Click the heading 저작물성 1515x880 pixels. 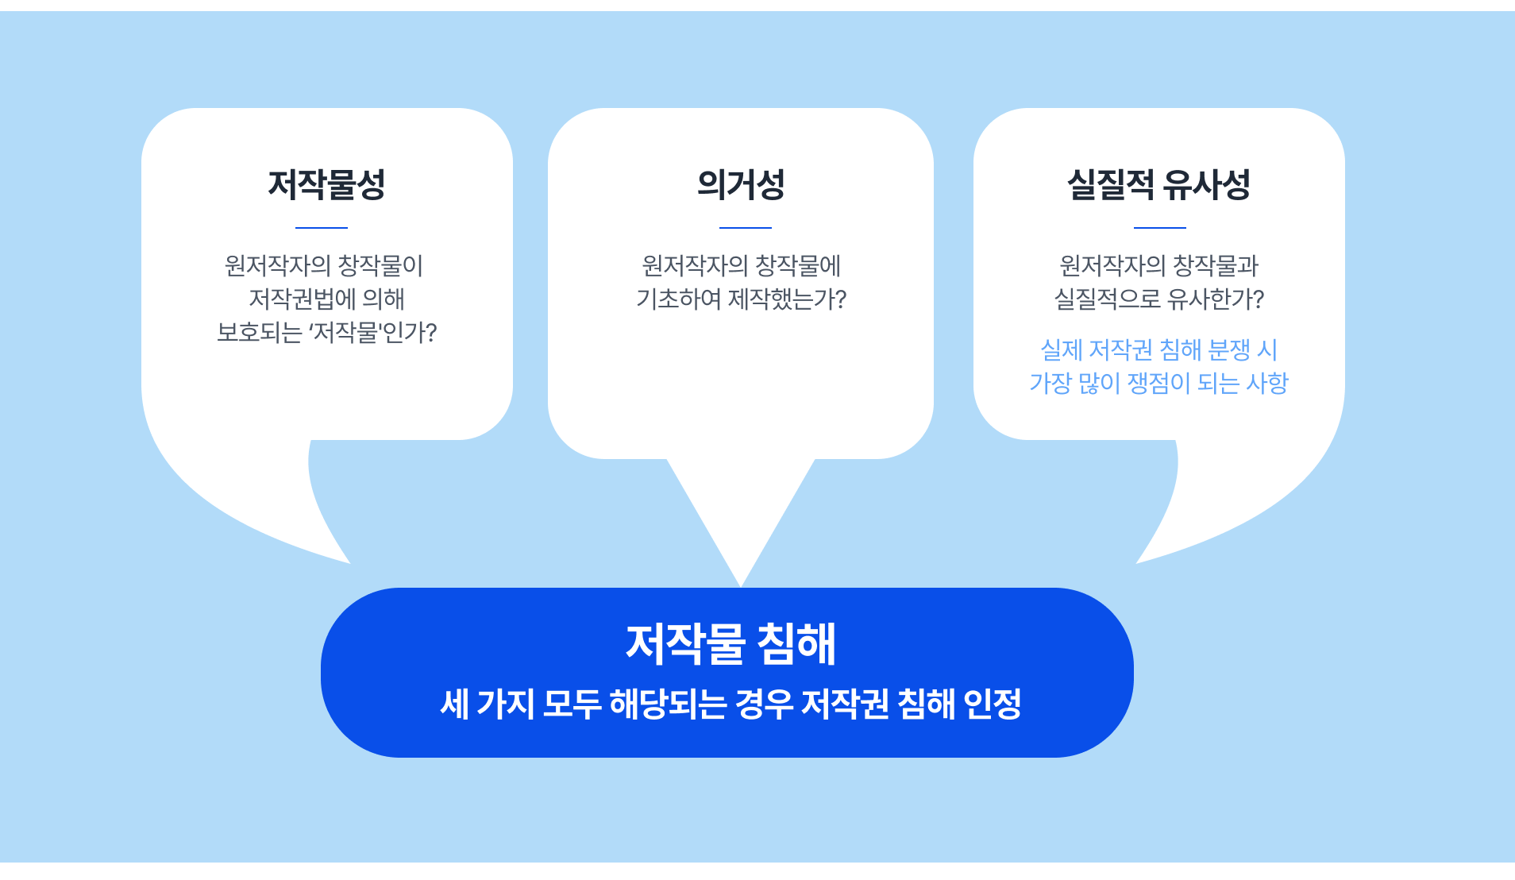click(x=326, y=184)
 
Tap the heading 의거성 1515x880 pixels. click(x=741, y=184)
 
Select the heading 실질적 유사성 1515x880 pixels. click(x=1158, y=184)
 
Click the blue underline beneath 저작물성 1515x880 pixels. click(x=322, y=228)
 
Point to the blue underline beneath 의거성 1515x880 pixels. click(x=746, y=228)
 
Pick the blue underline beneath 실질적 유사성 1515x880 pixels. click(x=1160, y=228)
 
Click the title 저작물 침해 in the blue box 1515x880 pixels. click(x=731, y=643)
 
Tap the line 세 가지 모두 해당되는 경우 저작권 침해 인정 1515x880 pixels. click(x=731, y=704)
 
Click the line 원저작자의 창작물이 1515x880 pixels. click(x=324, y=265)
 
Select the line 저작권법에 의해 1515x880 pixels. click(x=327, y=299)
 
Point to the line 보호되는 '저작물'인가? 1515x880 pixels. click(x=327, y=332)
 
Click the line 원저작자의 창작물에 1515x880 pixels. click(x=741, y=265)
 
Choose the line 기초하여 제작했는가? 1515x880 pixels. click(x=741, y=299)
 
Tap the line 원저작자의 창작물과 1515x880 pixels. click(x=1159, y=265)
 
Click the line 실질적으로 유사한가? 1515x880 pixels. click(x=1159, y=299)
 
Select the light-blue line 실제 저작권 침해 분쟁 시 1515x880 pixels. click(x=1159, y=349)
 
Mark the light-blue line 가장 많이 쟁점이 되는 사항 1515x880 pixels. click(x=1159, y=383)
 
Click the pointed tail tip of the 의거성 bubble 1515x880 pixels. click(x=741, y=586)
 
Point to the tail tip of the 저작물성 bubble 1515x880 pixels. click(x=349, y=563)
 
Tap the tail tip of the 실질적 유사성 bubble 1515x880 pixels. click(x=1137, y=563)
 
